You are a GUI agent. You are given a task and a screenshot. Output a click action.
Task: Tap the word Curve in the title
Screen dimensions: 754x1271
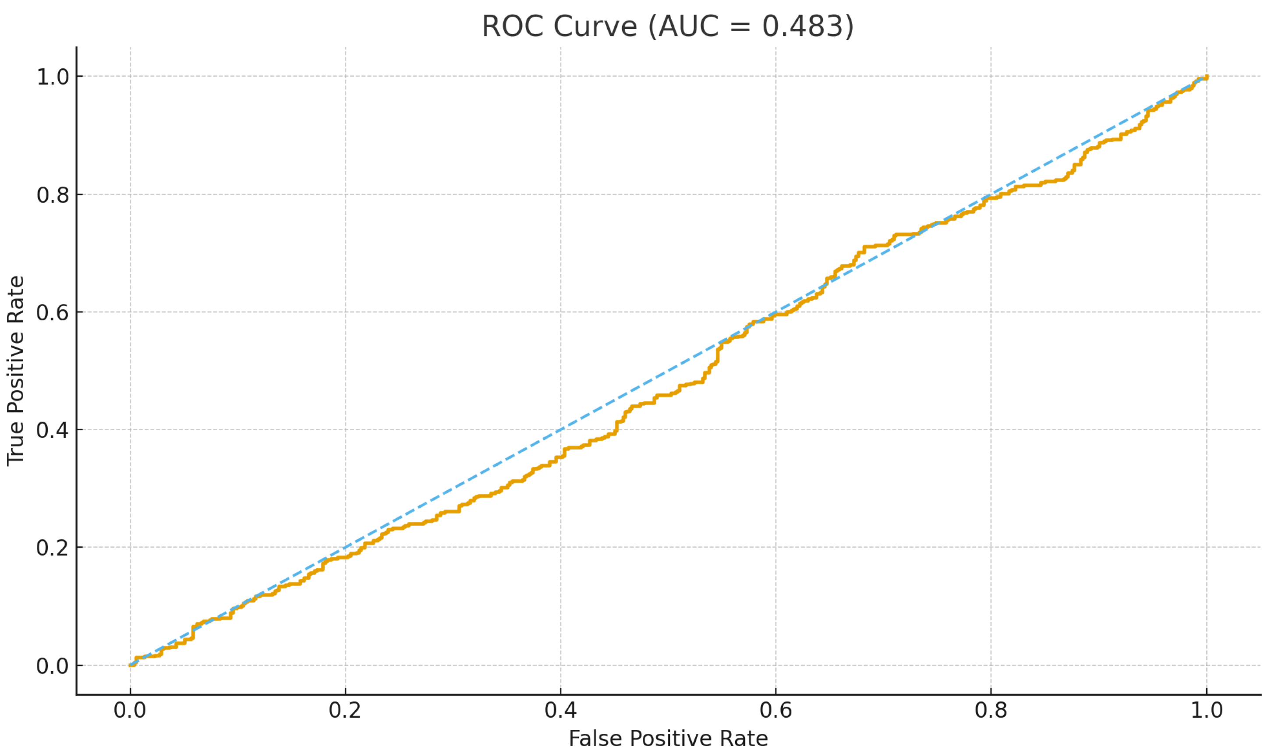pos(595,26)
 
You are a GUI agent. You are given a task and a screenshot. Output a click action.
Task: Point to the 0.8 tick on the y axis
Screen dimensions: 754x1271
pos(53,195)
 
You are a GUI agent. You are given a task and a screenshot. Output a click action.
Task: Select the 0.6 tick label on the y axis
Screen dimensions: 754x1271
pos(53,312)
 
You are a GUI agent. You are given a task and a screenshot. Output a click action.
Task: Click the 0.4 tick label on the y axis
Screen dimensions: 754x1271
pos(53,430)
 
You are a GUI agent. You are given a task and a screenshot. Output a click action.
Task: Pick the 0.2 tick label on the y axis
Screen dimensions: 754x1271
pos(53,547)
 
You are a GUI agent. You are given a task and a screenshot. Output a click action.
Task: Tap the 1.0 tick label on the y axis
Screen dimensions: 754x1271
pos(53,77)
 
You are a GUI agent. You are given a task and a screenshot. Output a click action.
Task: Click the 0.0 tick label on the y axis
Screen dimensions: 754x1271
pos(53,666)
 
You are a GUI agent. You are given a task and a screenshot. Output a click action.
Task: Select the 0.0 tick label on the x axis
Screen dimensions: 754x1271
pos(130,710)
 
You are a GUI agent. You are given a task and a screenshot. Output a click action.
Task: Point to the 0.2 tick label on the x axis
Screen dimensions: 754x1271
pos(345,710)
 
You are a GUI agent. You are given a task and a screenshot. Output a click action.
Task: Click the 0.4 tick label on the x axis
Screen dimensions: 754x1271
pos(560,710)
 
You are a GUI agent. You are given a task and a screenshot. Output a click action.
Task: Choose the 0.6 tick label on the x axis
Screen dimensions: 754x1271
pos(776,710)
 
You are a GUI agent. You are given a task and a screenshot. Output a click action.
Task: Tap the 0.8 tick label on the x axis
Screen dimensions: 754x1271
pos(991,710)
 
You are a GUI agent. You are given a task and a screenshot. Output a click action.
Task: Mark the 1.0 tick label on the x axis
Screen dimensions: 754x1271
pos(1207,710)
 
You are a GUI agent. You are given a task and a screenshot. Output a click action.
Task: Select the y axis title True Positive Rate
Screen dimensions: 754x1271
pos(15,371)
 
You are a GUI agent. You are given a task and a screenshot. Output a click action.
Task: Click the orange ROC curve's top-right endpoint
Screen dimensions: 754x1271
pos(1206,77)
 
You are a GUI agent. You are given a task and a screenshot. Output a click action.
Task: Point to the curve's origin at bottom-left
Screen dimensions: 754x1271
pos(131,665)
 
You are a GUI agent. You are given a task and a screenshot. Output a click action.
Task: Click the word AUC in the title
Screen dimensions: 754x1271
pos(688,26)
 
